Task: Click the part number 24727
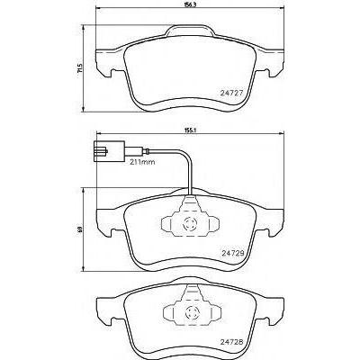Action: pos(231,94)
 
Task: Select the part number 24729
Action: pos(231,253)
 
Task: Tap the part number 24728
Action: pos(231,342)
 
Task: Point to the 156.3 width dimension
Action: pos(189,5)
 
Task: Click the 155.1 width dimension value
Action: pos(189,130)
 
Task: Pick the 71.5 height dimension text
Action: pos(79,68)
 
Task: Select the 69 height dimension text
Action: pos(79,229)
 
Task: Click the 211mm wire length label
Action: pos(142,162)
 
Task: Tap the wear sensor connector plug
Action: pos(109,152)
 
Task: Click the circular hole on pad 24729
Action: pos(190,224)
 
